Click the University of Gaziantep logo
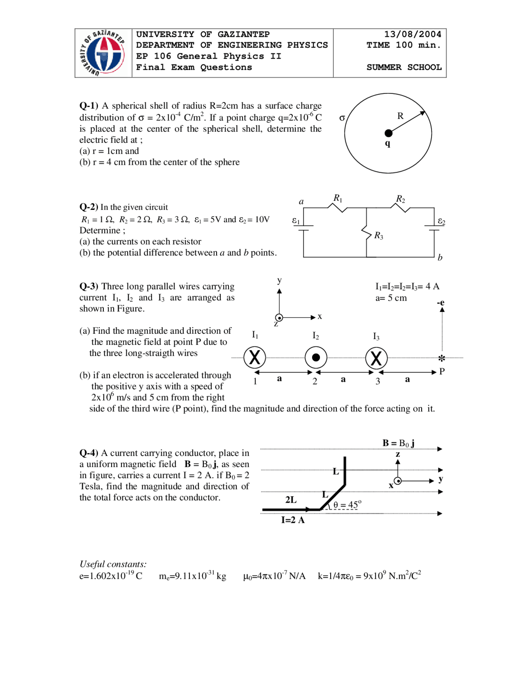(x=103, y=53)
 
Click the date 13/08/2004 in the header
(x=413, y=34)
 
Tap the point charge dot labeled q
(x=388, y=133)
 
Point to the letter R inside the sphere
(x=400, y=116)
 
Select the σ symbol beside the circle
(x=342, y=118)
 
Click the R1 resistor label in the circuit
(x=338, y=198)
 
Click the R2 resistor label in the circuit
(x=400, y=199)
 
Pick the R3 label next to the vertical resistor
(x=379, y=236)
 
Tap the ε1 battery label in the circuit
(x=296, y=221)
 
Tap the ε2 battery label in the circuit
(x=441, y=221)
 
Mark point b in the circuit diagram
(x=440, y=257)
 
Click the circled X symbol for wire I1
(x=255, y=358)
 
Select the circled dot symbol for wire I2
(x=316, y=358)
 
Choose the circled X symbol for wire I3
(x=376, y=358)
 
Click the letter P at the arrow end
(x=442, y=371)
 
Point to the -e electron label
(x=441, y=303)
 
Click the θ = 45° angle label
(x=347, y=505)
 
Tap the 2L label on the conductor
(x=291, y=499)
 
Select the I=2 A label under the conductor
(x=293, y=520)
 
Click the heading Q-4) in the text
(x=89, y=453)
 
